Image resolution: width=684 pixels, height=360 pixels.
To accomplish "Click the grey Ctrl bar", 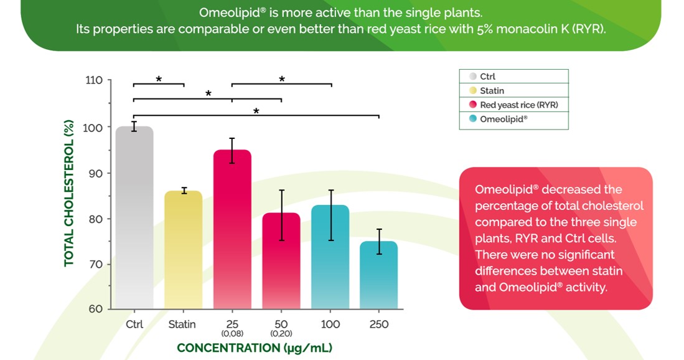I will click(134, 218).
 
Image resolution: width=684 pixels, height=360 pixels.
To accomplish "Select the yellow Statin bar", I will click(183, 249).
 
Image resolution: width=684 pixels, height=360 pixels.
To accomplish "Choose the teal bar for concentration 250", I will click(378, 275).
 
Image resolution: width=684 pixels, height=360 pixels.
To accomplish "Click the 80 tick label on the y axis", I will click(96, 219).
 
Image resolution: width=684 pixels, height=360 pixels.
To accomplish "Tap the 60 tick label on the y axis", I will click(96, 309).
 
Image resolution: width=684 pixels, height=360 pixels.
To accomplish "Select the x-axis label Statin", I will click(182, 324).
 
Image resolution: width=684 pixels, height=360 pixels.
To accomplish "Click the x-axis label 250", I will click(378, 324).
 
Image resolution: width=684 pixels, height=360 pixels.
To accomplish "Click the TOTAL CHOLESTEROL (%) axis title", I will click(70, 194).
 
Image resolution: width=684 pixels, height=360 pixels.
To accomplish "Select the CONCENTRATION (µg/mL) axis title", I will click(254, 348).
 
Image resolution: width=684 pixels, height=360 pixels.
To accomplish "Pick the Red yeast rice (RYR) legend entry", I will click(518, 105).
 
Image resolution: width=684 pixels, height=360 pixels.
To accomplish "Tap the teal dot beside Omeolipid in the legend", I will click(473, 119).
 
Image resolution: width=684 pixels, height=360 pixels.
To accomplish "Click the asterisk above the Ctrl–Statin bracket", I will click(159, 79).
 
